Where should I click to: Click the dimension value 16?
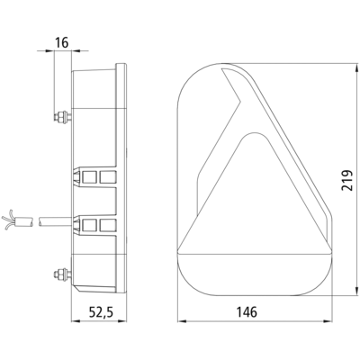click(62, 42)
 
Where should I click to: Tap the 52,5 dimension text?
click(101, 312)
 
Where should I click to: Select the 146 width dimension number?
click(247, 312)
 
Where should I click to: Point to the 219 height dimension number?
click(346, 180)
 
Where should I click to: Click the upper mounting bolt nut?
click(62, 116)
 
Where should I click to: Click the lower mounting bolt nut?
click(62, 274)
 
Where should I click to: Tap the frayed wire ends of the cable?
click(8, 220)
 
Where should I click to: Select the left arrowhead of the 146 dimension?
click(182, 321)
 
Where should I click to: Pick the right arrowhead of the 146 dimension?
click(328, 321)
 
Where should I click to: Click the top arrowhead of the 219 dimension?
click(356, 68)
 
